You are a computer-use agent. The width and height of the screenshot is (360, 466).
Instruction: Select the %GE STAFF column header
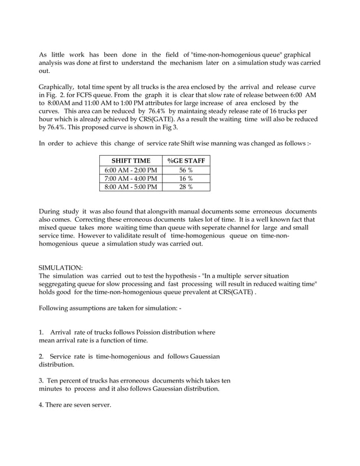pos(186,161)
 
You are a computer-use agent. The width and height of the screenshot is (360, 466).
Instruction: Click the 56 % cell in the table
pos(186,170)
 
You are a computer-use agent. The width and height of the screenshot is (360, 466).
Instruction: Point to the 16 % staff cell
pos(186,178)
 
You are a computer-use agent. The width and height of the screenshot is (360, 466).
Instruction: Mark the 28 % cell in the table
pos(186,187)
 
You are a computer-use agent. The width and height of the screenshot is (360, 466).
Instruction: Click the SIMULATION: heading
pos(60,265)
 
